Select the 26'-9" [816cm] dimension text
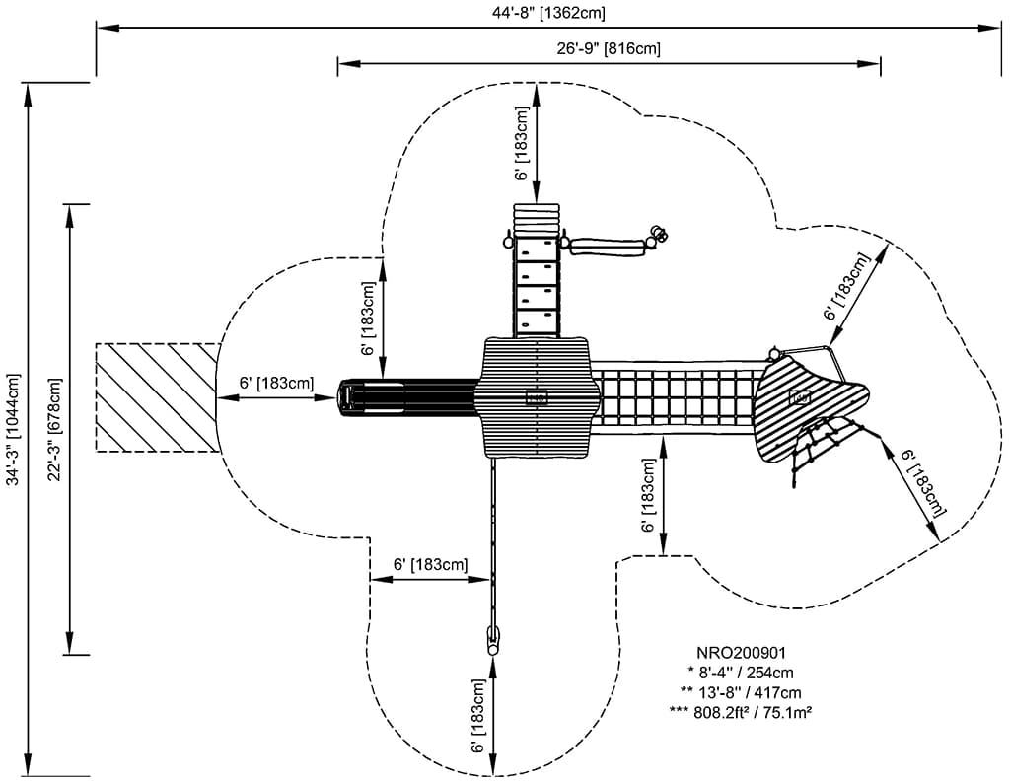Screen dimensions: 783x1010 [x=609, y=48]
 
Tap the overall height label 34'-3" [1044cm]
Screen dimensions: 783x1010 [x=13, y=430]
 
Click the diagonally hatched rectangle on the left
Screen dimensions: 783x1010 [x=157, y=397]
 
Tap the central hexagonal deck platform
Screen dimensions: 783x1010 [x=537, y=396]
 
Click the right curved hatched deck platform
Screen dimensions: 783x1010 [x=804, y=399]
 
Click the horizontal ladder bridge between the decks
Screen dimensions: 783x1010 [x=676, y=397]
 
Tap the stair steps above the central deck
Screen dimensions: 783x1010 [x=537, y=281]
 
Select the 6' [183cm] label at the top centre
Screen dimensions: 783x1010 [x=522, y=144]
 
